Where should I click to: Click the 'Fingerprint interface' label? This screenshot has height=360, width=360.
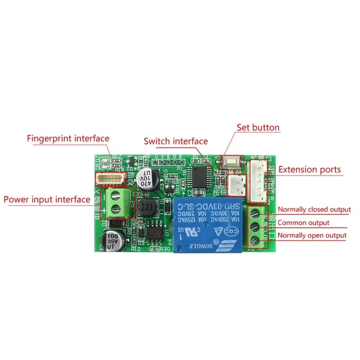(x=68, y=138)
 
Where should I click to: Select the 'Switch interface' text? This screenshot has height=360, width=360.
(x=175, y=141)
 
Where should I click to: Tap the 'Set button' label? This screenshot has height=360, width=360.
(x=258, y=127)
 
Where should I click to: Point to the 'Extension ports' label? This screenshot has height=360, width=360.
(x=310, y=170)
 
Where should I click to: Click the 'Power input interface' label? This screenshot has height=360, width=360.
(x=47, y=199)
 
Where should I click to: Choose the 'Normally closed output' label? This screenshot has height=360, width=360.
(x=314, y=209)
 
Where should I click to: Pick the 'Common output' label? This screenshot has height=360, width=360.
(x=303, y=222)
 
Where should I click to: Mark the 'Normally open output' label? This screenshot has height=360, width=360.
(x=312, y=235)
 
